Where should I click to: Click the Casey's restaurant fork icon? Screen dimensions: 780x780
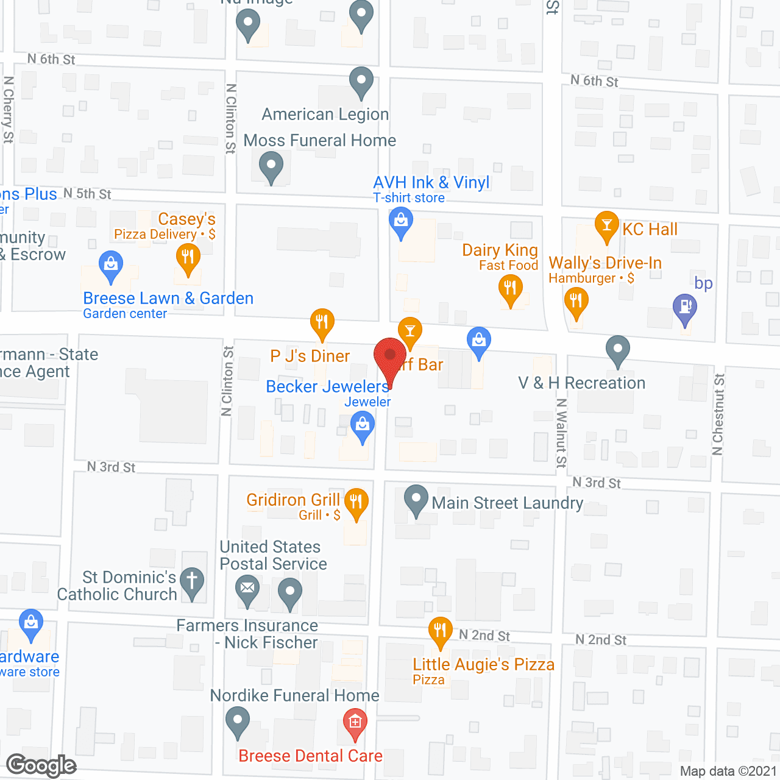coord(188,258)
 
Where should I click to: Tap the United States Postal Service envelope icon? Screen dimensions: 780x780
coord(247,589)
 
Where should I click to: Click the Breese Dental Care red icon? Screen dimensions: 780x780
coord(355,723)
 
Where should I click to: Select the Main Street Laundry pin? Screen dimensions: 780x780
coord(416,499)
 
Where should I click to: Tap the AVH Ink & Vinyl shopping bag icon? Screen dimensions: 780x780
coord(401,221)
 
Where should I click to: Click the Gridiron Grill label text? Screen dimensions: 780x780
coord(293,500)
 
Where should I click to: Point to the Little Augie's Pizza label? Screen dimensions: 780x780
coord(483,664)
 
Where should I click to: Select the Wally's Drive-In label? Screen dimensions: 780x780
coord(604,263)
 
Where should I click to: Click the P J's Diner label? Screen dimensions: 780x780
coord(310,356)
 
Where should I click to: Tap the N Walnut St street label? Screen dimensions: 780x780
coord(561,433)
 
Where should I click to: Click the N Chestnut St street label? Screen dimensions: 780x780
coord(718,414)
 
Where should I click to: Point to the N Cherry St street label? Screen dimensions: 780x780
coord(9,110)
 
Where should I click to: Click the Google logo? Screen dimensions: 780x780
coord(41,765)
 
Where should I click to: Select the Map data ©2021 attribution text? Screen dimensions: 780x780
coord(728,771)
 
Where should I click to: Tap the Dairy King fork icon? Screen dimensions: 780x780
coord(510,288)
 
